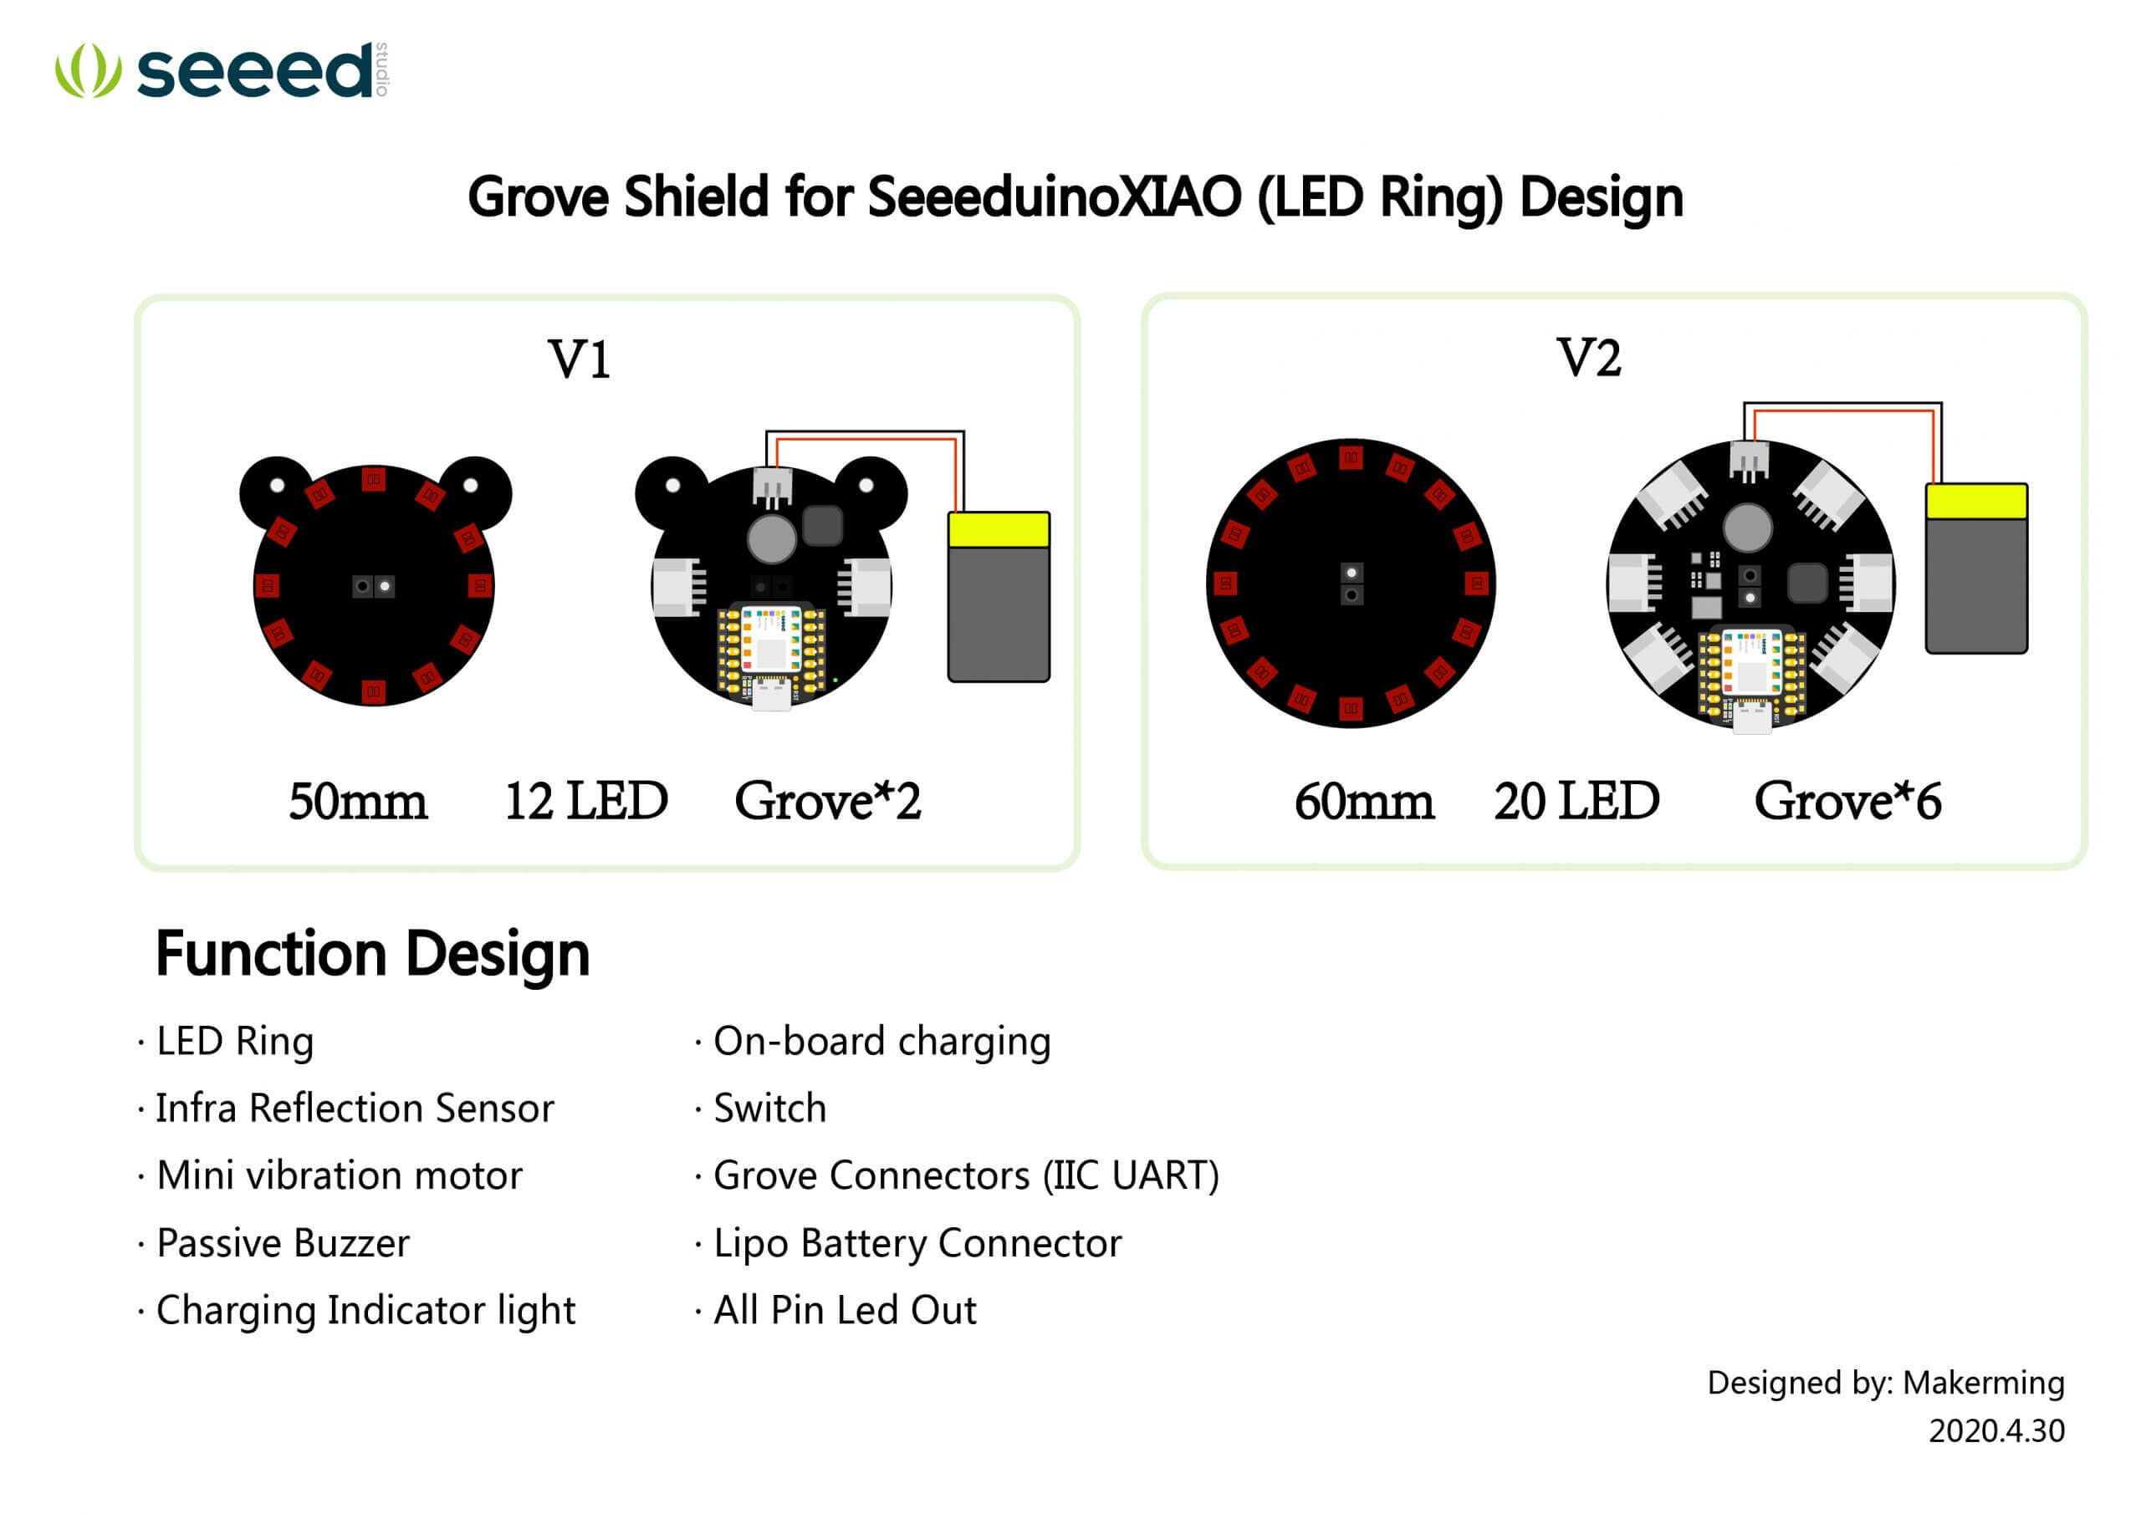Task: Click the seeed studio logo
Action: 222,70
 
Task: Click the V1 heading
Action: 579,359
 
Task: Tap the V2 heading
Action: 1589,357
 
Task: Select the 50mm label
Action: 358,801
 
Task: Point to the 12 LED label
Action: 586,801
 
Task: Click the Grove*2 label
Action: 828,801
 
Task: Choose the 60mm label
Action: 1364,801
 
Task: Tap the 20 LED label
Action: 1576,801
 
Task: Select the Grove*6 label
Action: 1848,801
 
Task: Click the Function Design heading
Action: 373,955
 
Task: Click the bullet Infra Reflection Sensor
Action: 355,1109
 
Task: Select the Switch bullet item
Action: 770,1109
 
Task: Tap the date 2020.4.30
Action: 1996,1431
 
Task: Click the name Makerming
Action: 1984,1383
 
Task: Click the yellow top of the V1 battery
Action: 999,529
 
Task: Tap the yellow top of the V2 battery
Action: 1977,502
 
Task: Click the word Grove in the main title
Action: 538,196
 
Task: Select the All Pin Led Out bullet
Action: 845,1310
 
